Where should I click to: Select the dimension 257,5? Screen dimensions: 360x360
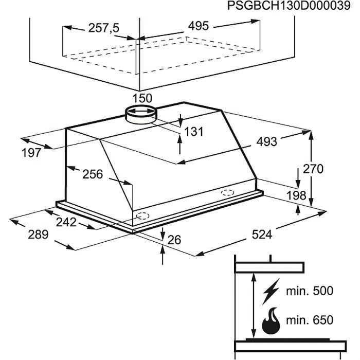coord(103,28)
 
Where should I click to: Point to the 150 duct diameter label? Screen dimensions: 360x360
coord(142,98)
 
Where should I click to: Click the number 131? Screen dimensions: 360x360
coord(194,132)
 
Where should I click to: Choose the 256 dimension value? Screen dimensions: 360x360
coord(93,174)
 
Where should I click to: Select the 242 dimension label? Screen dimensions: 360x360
coord(66,222)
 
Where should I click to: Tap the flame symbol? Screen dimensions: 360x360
coord(270,322)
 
